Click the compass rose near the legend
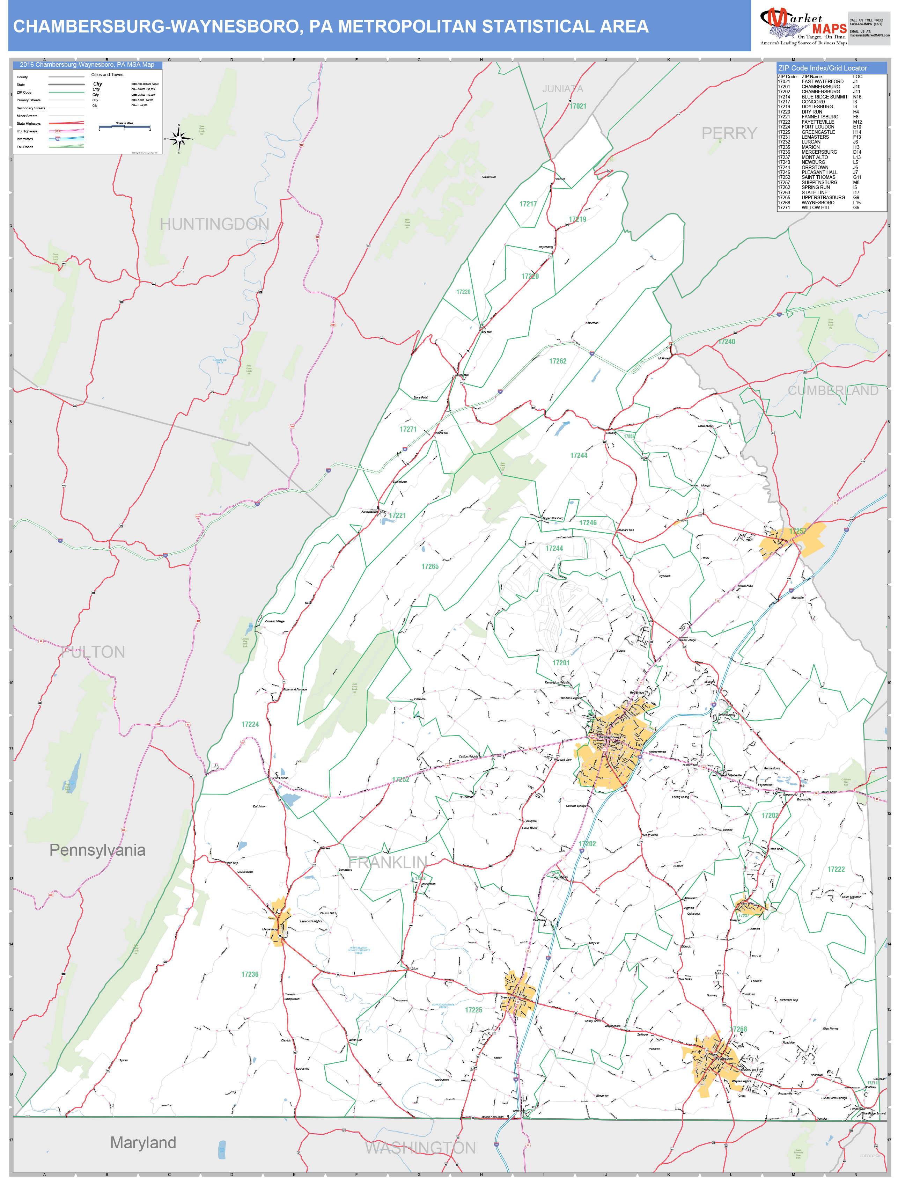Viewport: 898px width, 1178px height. point(179,139)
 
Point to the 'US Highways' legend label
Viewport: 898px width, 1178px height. point(27,131)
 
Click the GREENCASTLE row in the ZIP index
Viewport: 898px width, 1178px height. point(818,132)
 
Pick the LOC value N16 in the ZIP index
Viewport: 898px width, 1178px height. point(857,97)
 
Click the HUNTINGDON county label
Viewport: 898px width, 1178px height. point(214,224)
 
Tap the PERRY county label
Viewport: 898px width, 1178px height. point(729,133)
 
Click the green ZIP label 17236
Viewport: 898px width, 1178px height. point(250,974)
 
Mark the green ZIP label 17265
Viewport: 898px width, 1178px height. point(430,566)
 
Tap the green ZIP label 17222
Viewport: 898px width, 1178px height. point(836,869)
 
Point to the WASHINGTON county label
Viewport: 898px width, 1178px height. point(420,1148)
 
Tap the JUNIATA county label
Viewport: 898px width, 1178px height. point(562,89)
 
